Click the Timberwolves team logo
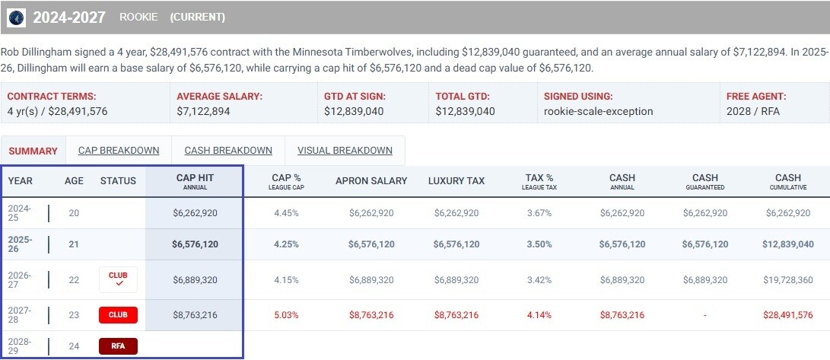coord(15,17)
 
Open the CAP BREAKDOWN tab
coord(119,150)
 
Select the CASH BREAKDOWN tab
coord(228,150)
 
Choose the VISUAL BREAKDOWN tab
coord(345,150)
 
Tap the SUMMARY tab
coord(33,151)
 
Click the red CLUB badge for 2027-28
coord(118,314)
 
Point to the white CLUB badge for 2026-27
coord(118,279)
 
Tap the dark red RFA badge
coord(118,346)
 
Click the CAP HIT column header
coord(195,181)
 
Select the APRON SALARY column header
coord(371,181)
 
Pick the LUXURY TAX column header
coord(456,181)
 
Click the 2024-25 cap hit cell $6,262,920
coord(195,213)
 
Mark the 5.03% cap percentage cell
coord(286,314)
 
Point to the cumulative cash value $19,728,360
coord(787,280)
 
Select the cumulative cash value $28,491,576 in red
coord(787,314)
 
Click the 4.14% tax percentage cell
coord(539,314)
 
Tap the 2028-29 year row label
coord(21,346)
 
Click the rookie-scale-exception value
coord(598,111)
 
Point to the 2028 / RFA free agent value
coord(753,111)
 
